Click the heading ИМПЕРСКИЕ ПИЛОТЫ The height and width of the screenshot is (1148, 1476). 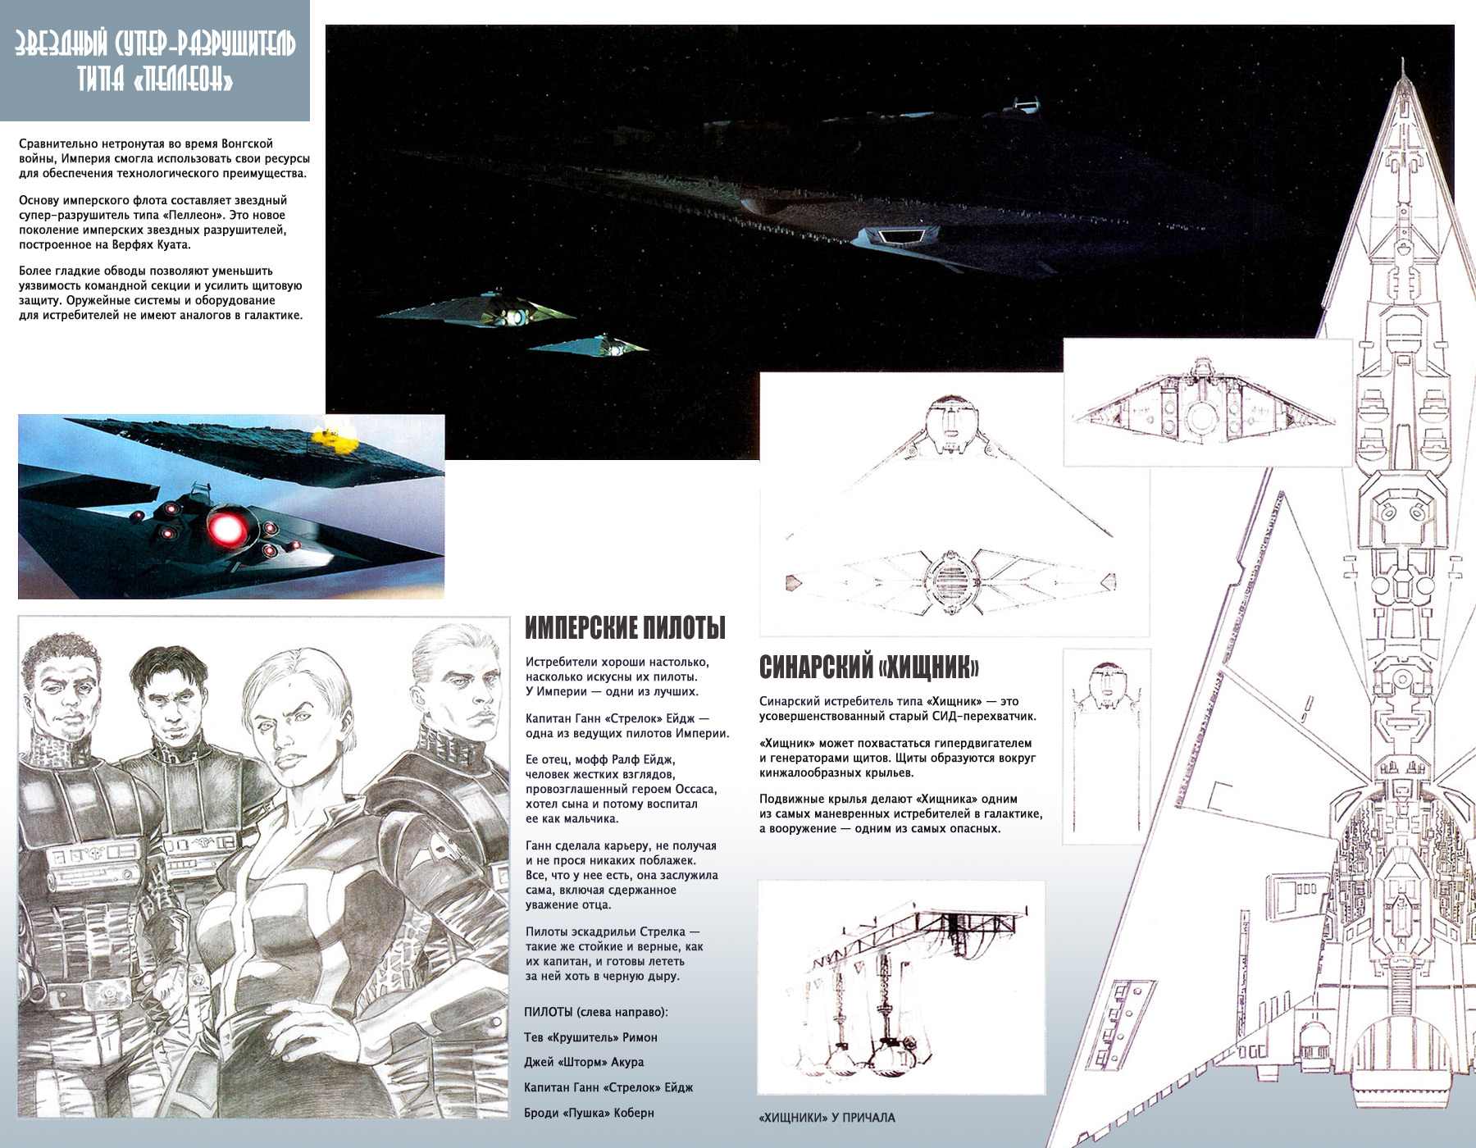(x=625, y=628)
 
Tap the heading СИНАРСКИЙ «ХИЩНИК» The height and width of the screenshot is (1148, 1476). (x=869, y=667)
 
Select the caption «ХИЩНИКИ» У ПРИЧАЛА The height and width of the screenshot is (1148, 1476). (x=827, y=1118)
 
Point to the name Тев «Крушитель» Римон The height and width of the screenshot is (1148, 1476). (x=590, y=1037)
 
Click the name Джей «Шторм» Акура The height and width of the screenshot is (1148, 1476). (x=584, y=1062)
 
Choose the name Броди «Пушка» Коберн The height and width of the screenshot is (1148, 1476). (x=589, y=1113)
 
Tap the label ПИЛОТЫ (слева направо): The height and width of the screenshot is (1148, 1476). (x=596, y=1012)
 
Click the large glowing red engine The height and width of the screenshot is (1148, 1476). (x=227, y=526)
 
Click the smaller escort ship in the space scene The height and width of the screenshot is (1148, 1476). (x=589, y=345)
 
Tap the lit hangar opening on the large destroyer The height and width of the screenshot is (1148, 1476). (x=899, y=236)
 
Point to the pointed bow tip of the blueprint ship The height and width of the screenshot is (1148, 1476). (x=1405, y=60)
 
